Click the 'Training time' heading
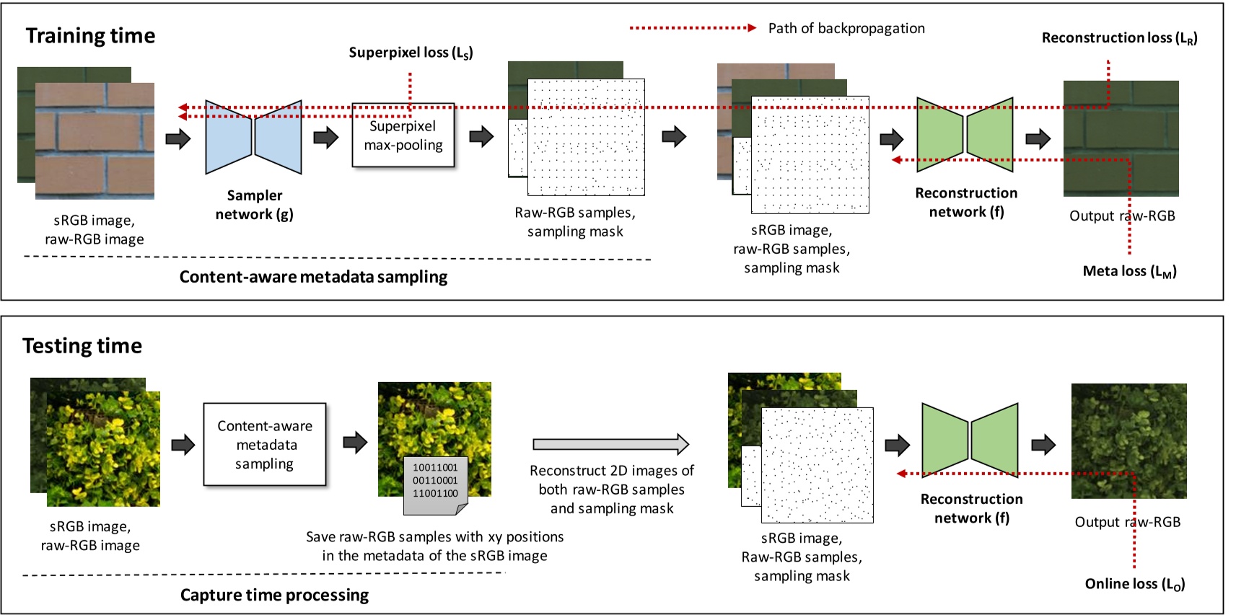pos(90,36)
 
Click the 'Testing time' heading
pos(82,346)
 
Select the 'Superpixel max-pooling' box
pos(403,136)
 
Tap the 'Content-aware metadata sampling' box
pos(265,445)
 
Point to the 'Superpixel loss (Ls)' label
pos(411,53)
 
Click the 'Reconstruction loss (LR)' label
pos(1119,38)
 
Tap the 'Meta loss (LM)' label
pos(1129,271)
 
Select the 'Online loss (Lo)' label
pos(1134,584)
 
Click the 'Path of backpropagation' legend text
pos(846,29)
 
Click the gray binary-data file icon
pos(435,485)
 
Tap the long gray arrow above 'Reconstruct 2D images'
pos(610,444)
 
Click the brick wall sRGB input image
pos(95,141)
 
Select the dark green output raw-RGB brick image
pos(1121,138)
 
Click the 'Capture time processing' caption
pos(274,596)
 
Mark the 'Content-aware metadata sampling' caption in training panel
pos(313,278)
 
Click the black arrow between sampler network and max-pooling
pos(326,137)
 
